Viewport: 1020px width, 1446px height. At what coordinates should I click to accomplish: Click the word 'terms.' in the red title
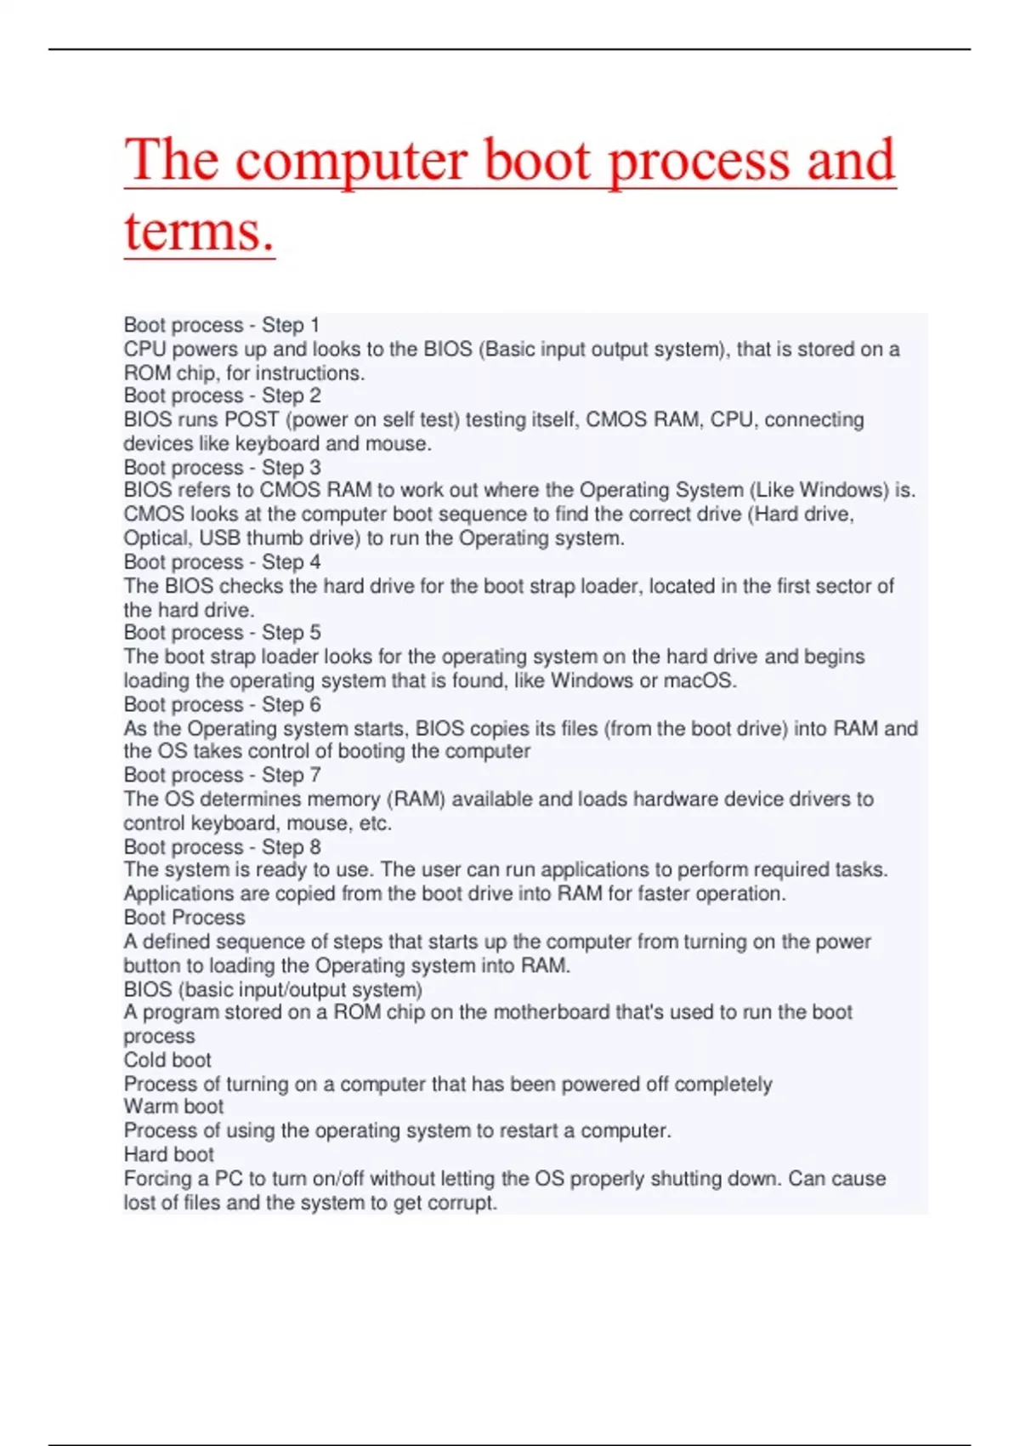coord(200,231)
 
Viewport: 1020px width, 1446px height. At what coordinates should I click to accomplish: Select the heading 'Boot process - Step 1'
coord(221,325)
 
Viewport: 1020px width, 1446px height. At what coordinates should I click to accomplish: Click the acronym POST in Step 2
coord(252,419)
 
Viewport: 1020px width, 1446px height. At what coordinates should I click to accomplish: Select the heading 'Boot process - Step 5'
coord(222,633)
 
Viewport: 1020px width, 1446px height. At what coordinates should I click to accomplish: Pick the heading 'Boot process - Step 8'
coord(222,847)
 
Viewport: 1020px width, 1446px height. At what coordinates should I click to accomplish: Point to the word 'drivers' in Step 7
coord(816,800)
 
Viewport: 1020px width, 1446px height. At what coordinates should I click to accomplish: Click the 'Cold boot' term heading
coord(167,1061)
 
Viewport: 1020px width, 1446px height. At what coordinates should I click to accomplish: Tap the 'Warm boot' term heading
coord(173,1107)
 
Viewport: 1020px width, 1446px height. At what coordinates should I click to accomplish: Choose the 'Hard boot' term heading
coord(168,1154)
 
